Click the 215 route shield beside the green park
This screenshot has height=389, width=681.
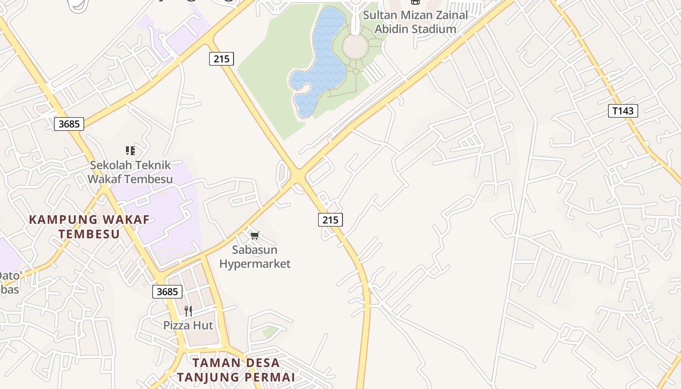(221, 59)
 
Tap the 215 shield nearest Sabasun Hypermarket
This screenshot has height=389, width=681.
(330, 220)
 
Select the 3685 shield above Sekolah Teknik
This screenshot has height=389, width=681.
(69, 124)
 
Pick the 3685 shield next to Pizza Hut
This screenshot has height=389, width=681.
(167, 292)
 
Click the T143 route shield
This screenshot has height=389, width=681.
(623, 111)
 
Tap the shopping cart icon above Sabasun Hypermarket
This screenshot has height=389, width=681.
(254, 236)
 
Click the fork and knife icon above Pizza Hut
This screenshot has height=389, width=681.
(188, 311)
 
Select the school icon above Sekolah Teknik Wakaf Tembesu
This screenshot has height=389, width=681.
(130, 151)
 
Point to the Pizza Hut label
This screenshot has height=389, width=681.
(188, 325)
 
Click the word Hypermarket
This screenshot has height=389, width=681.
(255, 264)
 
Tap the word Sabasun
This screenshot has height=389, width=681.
(255, 250)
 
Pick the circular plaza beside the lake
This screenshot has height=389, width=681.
(355, 46)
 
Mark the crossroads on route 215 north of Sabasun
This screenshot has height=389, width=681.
(297, 175)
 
